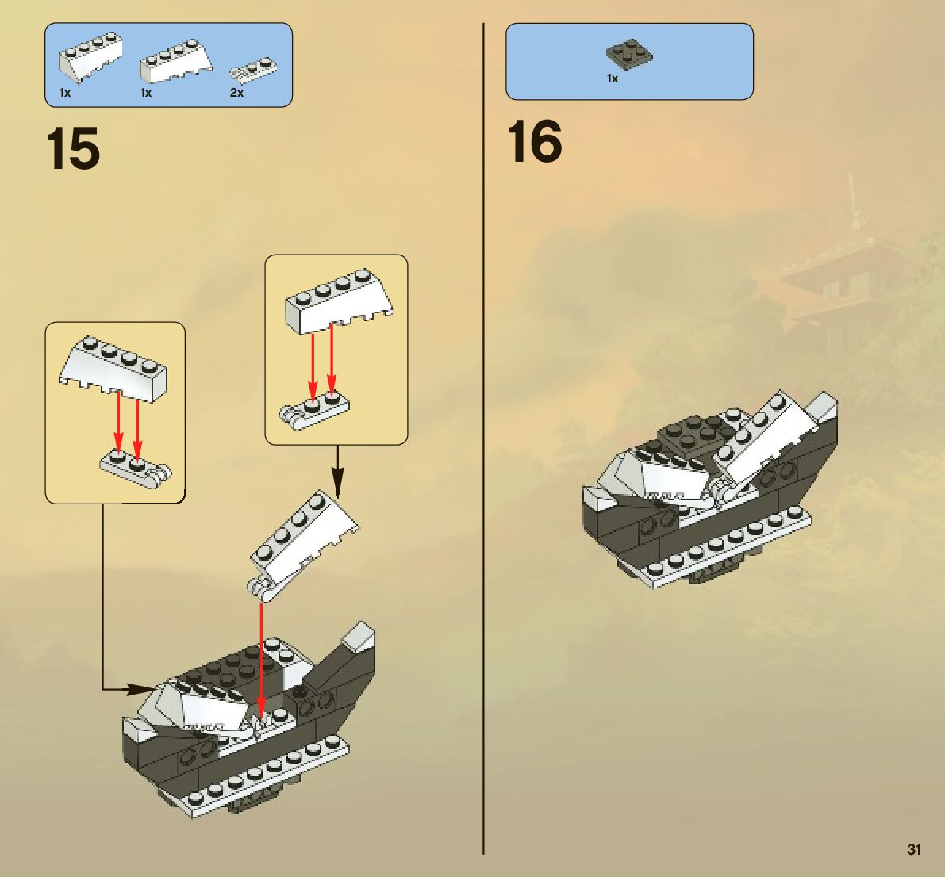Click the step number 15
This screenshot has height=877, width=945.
click(73, 148)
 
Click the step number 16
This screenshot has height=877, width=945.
click(534, 142)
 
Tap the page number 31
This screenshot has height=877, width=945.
click(914, 849)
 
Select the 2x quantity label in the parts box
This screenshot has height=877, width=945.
click(236, 93)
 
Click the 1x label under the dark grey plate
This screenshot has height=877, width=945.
click(612, 79)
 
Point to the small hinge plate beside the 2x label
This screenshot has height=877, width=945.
click(253, 70)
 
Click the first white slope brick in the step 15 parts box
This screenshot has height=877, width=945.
click(90, 56)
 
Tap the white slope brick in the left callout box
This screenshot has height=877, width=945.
click(113, 367)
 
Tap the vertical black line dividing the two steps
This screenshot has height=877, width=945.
click(483, 436)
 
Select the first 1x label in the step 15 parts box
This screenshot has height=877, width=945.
click(65, 93)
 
